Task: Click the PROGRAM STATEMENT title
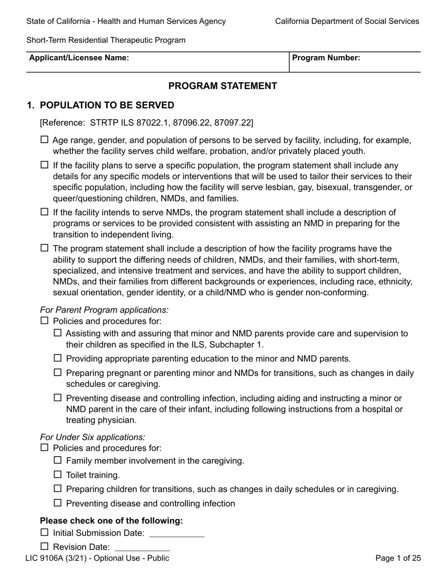click(x=223, y=86)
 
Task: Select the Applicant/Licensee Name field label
click(x=79, y=58)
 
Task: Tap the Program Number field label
click(x=326, y=58)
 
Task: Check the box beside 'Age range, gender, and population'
click(x=45, y=140)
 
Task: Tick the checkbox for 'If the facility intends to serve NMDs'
click(x=45, y=212)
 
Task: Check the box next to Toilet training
click(x=58, y=474)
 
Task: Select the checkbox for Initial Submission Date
click(x=45, y=532)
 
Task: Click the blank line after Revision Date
click(x=142, y=548)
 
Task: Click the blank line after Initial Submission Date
click(x=176, y=534)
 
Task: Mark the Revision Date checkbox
click(x=45, y=547)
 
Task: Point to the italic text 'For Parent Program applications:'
click(x=104, y=310)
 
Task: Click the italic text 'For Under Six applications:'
click(x=93, y=437)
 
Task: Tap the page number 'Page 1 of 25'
click(x=398, y=558)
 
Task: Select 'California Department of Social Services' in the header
click(x=347, y=21)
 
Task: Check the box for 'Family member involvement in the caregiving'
click(x=58, y=460)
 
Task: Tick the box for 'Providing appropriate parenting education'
click(x=58, y=358)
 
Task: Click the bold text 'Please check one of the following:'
click(x=111, y=521)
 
